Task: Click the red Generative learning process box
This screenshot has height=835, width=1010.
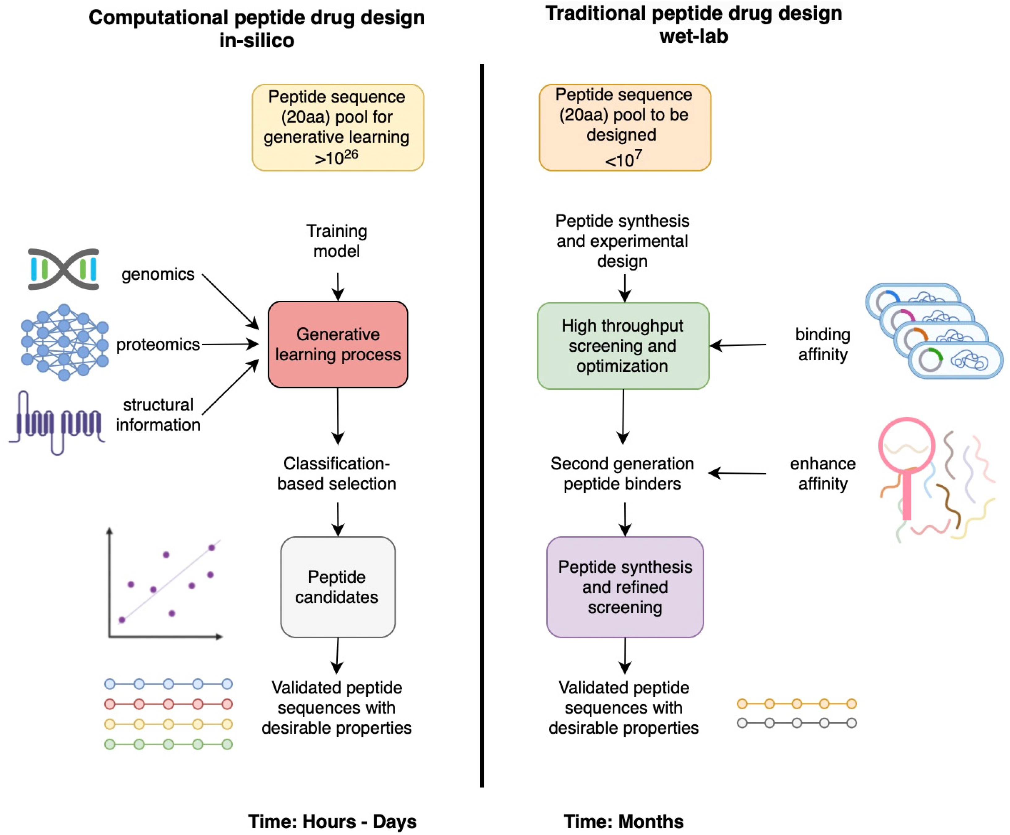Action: (338, 344)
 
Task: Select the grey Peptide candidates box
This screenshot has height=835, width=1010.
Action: (338, 587)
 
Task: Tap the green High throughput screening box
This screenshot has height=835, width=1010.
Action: (623, 345)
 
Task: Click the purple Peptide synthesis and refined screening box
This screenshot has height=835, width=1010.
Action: (625, 587)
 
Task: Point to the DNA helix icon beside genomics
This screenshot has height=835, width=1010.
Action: (63, 269)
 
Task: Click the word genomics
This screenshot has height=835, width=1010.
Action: (158, 274)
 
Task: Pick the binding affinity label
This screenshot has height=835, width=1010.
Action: (822, 344)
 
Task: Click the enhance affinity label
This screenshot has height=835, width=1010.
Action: (822, 473)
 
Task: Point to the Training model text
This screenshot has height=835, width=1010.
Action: (337, 240)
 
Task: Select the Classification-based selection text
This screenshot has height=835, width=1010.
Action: (337, 473)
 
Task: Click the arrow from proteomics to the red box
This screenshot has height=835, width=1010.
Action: (230, 344)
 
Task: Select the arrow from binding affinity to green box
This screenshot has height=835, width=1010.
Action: (738, 345)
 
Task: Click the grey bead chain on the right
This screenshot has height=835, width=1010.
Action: (797, 723)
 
